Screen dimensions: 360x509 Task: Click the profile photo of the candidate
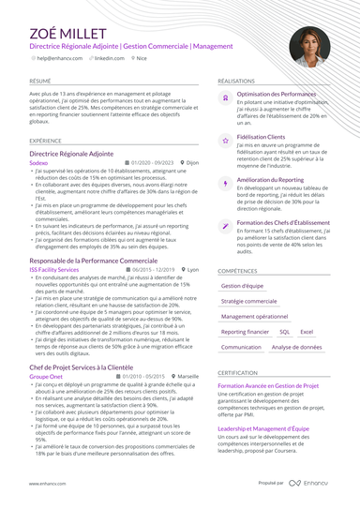308,46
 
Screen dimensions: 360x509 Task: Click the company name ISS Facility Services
54,268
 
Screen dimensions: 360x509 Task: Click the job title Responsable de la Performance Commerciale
94,259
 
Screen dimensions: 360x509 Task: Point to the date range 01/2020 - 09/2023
153,162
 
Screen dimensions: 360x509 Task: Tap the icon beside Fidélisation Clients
225,139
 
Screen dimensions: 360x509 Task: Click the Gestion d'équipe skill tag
242,285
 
